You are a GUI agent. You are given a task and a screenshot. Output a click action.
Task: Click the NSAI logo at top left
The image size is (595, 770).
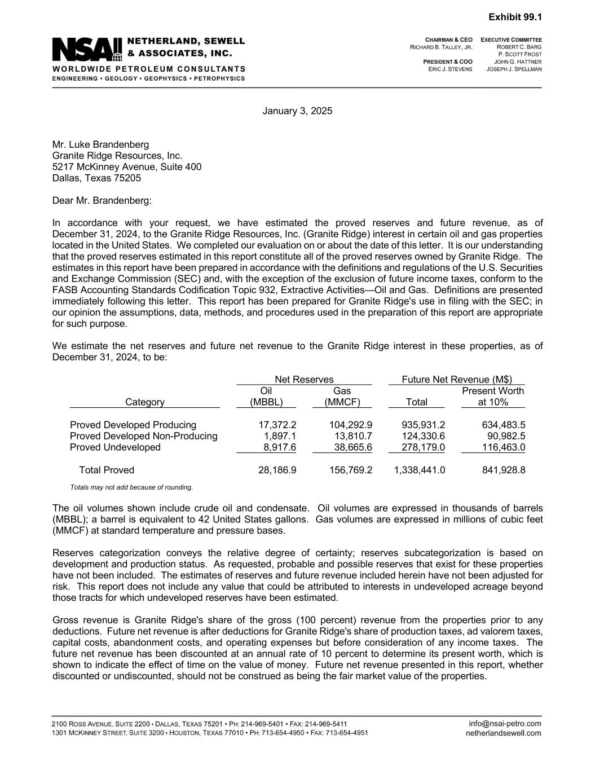[87, 49]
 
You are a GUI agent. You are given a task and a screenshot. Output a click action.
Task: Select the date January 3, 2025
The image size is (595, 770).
[297, 111]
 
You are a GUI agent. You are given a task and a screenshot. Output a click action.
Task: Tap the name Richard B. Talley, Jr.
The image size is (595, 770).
[441, 47]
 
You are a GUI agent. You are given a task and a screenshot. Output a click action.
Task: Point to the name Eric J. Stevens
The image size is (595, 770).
[450, 69]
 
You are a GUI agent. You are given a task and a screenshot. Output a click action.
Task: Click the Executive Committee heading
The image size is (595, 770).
[512, 40]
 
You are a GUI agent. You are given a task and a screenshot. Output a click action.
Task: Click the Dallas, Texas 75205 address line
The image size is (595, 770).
[96, 178]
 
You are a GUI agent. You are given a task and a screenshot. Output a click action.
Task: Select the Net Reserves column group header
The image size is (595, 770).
[304, 380]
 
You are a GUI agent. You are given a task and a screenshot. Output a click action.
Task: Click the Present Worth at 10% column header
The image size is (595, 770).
[493, 397]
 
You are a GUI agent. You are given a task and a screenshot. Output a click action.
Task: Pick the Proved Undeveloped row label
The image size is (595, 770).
[115, 447]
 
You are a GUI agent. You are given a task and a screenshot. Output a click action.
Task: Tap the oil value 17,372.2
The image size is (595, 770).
[277, 425]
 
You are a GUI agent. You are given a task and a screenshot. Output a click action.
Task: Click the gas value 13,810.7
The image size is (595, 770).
[350, 436]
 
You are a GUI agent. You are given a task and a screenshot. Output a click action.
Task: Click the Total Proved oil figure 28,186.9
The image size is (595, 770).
[277, 470]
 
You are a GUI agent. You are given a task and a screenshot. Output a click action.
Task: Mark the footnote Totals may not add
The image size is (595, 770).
[131, 487]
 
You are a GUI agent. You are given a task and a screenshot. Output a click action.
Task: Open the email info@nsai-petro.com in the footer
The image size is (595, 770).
[505, 724]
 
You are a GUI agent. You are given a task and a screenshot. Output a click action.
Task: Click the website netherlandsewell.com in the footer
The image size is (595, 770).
[504, 733]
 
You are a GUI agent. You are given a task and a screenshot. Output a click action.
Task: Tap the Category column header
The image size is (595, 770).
[145, 402]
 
